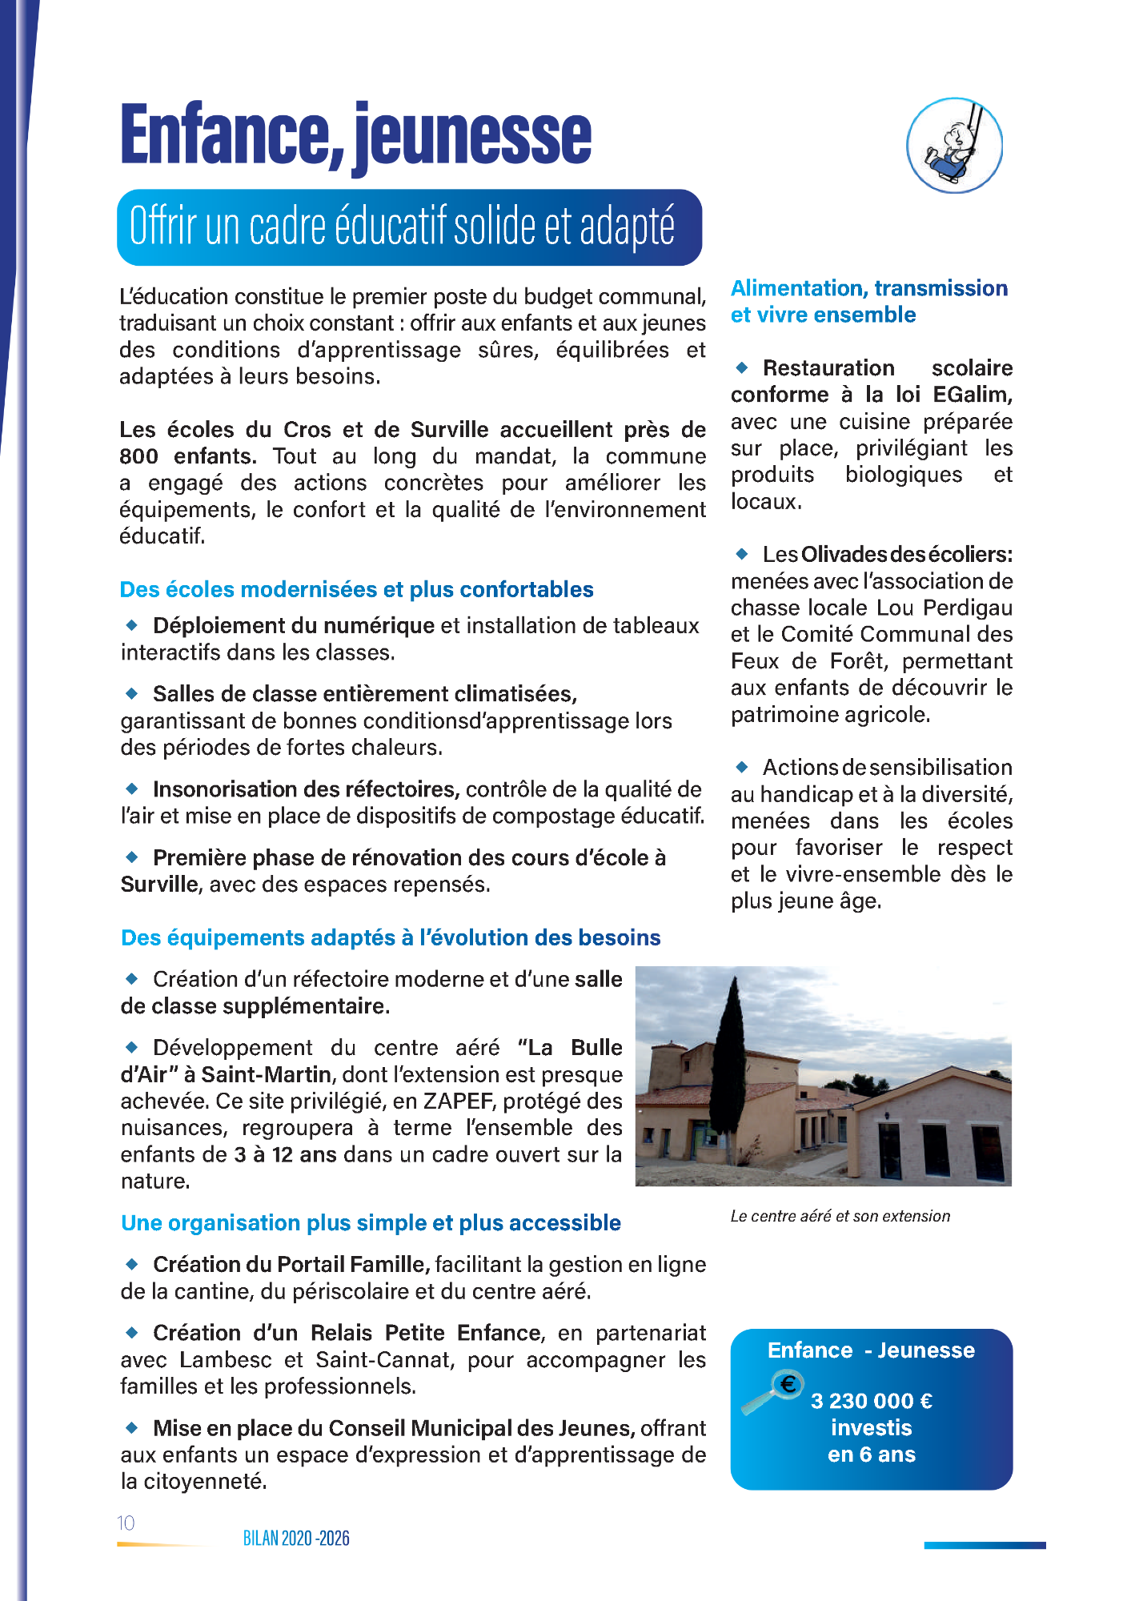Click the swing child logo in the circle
[954, 145]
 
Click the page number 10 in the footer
[126, 1523]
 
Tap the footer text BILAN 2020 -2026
[296, 1538]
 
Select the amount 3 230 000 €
[871, 1401]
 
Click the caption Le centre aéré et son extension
[840, 1216]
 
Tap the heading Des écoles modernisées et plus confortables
[356, 589]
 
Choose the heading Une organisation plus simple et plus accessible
[371, 1222]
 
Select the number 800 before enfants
[138, 456]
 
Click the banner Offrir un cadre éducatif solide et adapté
[409, 227]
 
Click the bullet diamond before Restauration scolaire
[742, 367]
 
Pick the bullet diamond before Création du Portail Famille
[132, 1264]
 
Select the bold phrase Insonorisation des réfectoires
[306, 789]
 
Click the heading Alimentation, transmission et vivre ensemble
[868, 301]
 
